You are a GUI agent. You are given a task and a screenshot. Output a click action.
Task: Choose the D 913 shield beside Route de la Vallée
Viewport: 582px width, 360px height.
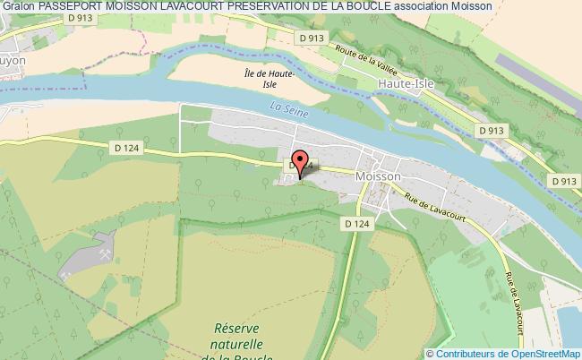click(x=311, y=38)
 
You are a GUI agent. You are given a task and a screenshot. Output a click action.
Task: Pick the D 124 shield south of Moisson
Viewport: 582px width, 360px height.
click(x=355, y=224)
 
